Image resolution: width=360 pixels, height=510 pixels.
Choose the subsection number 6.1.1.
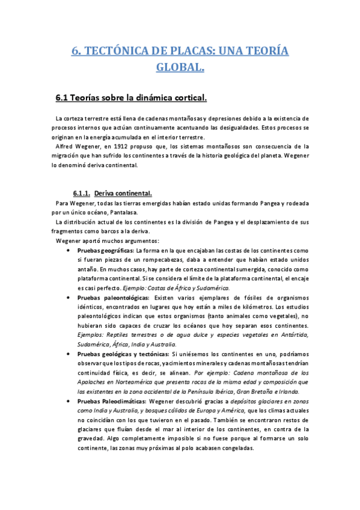coord(81,193)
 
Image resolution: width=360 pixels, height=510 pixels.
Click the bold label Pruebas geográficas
coord(109,250)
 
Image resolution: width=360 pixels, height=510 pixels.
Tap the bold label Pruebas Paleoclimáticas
coord(115,401)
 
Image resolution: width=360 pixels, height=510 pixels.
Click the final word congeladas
coord(236,449)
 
